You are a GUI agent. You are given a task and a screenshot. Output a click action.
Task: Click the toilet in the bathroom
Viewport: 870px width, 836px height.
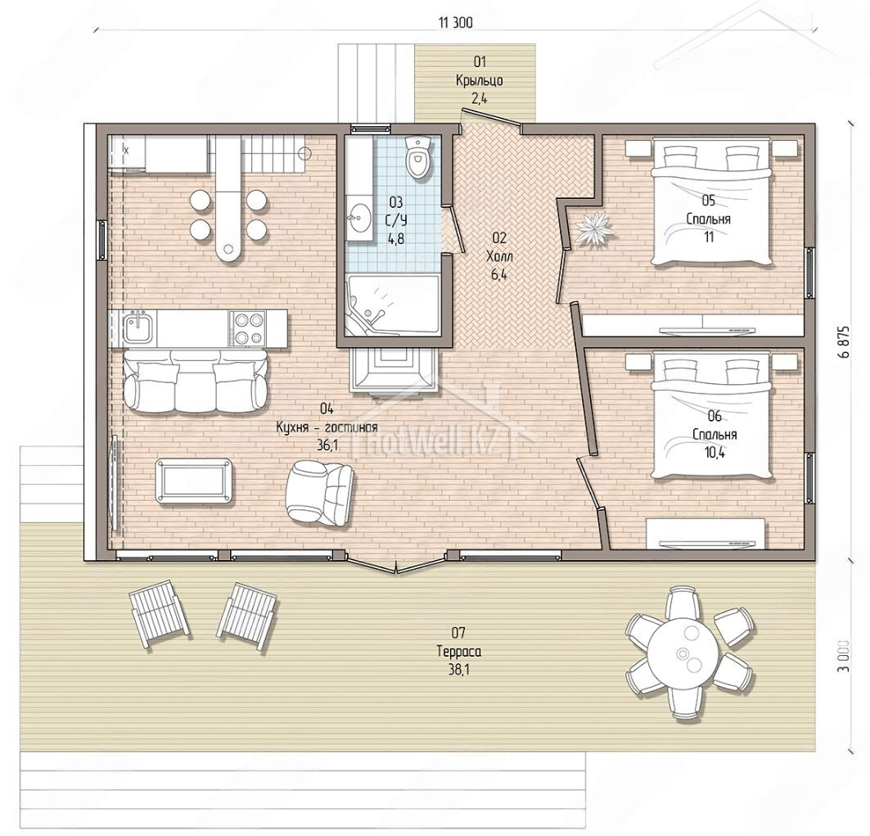417,157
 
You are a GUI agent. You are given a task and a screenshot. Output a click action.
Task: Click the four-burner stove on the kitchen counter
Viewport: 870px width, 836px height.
247,328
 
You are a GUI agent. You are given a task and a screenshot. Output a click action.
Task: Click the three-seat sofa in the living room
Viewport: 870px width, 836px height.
196,382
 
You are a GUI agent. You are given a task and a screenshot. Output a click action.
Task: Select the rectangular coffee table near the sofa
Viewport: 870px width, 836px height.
195,481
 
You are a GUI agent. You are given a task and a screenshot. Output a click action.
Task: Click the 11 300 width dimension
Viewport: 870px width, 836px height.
456,23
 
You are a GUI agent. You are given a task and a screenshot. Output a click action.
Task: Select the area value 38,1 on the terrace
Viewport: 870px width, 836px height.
459,670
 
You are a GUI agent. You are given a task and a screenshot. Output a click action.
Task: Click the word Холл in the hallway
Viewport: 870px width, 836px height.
499,256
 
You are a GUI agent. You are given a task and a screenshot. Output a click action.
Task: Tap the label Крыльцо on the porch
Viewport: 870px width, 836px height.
480,80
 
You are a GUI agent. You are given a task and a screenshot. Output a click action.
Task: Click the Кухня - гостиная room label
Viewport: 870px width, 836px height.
327,427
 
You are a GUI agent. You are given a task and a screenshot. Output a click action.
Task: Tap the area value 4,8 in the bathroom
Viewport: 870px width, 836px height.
396,239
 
